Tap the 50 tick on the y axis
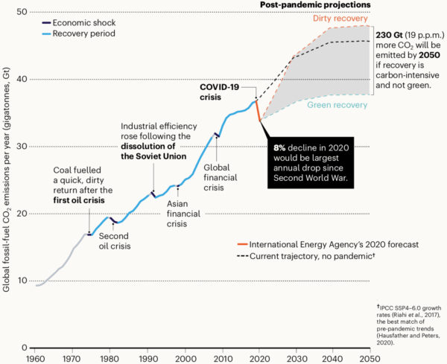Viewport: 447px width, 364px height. click(22, 13)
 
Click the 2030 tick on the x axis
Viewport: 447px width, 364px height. click(295, 357)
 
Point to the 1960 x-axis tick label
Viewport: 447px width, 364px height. click(34, 357)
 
